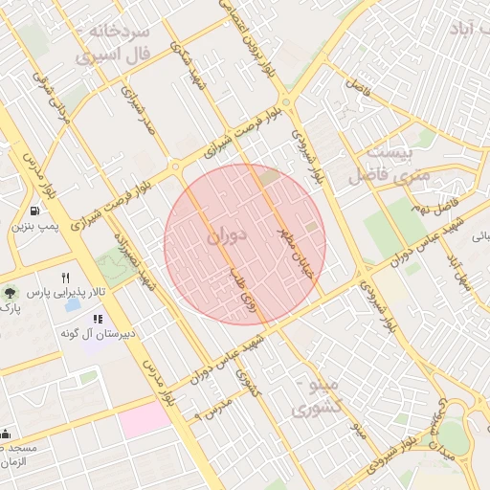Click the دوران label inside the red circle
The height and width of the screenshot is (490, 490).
pyautogui.click(x=226, y=233)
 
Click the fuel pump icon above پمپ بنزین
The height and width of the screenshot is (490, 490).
pyautogui.click(x=35, y=211)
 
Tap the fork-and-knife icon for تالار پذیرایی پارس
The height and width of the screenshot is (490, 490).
pyautogui.click(x=66, y=277)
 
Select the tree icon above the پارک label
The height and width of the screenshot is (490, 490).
pyautogui.click(x=9, y=293)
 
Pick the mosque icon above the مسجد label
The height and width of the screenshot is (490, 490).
pyautogui.click(x=5, y=434)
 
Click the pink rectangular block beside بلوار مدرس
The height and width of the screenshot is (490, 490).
pyautogui.click(x=144, y=419)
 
